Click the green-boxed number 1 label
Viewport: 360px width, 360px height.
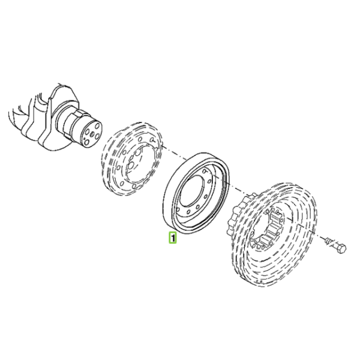point(173,238)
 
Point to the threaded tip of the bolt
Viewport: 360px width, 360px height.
point(328,241)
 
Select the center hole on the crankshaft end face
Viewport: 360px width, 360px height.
point(92,134)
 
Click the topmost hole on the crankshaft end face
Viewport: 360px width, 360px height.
point(98,126)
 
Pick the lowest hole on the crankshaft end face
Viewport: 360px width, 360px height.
point(86,143)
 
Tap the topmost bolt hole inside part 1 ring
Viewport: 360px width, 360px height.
point(204,171)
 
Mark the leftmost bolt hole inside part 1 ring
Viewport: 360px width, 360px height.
point(178,209)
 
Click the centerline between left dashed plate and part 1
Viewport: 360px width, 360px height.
point(174,153)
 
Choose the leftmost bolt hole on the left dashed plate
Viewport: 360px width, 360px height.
point(118,168)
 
